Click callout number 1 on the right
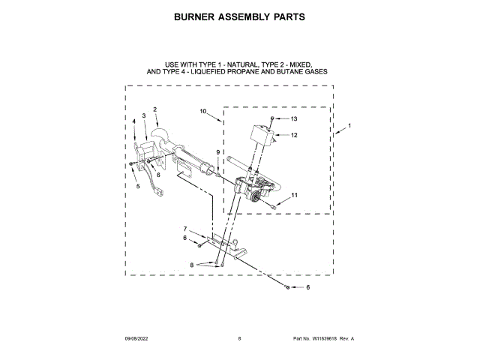point(349,125)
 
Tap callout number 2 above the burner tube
point(154,110)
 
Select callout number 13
point(294,119)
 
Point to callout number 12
point(294,136)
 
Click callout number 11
point(294,195)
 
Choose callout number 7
point(185,228)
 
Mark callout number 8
point(192,265)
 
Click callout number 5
point(137,186)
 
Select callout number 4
point(134,121)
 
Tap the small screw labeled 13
point(273,119)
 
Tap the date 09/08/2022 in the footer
point(137,339)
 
